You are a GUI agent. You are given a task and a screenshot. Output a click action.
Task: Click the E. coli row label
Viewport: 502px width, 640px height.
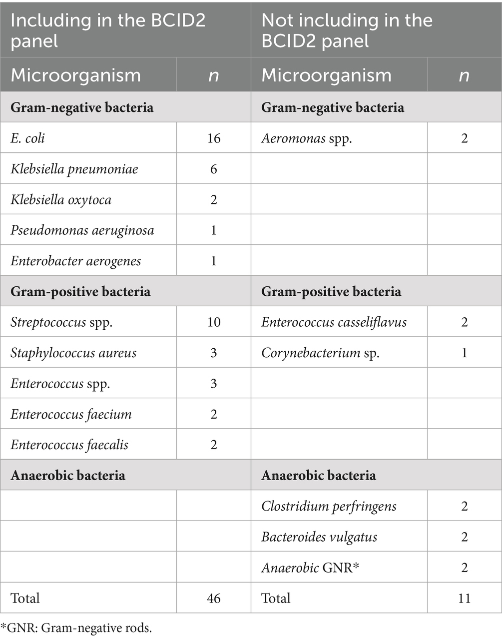pos(28,138)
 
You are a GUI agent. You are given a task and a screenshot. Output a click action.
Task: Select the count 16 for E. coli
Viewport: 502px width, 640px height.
pos(213,138)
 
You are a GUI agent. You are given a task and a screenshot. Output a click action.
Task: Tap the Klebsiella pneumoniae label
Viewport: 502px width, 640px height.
pos(74,169)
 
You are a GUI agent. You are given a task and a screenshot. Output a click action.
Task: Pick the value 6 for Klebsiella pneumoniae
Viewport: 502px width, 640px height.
pos(213,169)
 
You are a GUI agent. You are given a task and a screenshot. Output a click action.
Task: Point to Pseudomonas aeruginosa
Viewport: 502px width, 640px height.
pos(82,230)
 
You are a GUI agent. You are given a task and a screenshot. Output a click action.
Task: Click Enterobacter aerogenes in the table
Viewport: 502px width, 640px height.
pos(75,261)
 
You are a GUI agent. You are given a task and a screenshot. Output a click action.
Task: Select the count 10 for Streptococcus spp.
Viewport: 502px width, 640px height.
pos(213,322)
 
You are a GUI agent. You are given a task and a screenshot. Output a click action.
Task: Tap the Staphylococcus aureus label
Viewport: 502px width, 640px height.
pos(73,353)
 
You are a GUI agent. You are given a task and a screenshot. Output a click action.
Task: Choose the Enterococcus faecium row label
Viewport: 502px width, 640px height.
pos(71,414)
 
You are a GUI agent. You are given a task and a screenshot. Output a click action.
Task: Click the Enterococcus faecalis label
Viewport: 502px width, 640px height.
pos(69,445)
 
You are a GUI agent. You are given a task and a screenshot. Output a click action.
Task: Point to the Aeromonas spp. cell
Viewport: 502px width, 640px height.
pos(306,138)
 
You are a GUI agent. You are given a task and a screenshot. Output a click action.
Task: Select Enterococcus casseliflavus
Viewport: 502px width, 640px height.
pos(334,322)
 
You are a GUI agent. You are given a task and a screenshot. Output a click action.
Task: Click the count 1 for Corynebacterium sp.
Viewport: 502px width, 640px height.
pos(464,353)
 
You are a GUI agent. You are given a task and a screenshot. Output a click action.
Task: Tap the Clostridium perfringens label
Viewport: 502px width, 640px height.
pos(329,506)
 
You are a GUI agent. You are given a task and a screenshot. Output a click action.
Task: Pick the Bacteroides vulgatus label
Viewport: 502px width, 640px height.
pos(319,537)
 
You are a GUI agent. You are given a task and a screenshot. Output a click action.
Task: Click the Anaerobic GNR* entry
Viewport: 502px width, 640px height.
pos(310,568)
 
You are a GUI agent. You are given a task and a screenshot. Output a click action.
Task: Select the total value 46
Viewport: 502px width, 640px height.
pos(213,598)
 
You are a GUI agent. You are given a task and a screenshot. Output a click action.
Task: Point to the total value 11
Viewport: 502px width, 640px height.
pos(464,598)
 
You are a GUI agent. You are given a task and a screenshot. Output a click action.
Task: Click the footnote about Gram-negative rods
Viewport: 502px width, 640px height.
pos(76,628)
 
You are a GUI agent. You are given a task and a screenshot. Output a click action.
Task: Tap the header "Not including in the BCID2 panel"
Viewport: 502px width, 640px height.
pos(347,30)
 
